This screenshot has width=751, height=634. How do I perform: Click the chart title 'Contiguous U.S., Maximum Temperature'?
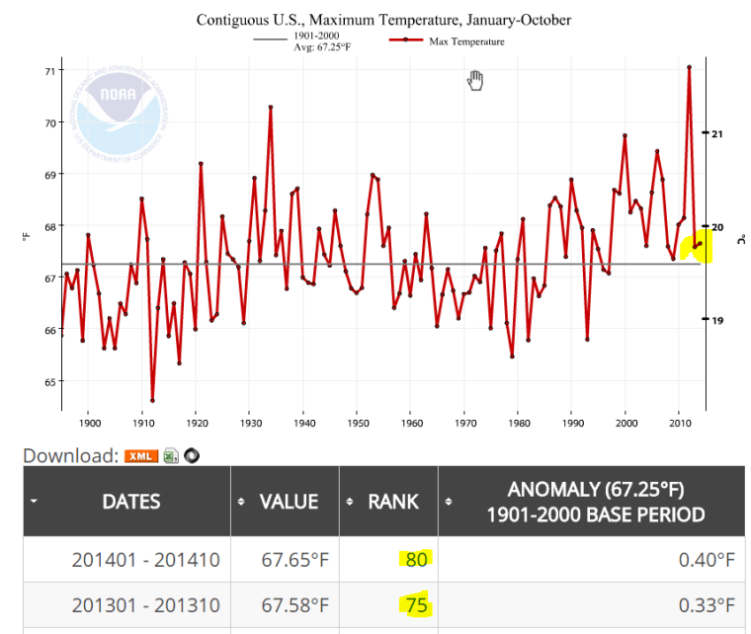click(383, 20)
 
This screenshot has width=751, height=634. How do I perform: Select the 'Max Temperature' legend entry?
click(466, 41)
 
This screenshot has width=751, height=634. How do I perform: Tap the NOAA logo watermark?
click(123, 108)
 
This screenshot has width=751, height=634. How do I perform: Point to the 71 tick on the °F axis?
click(49, 71)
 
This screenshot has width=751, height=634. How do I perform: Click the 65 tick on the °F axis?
click(49, 381)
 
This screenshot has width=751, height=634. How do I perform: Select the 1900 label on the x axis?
click(88, 423)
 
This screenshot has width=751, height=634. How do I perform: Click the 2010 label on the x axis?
click(680, 423)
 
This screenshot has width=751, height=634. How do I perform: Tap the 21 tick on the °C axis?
click(718, 133)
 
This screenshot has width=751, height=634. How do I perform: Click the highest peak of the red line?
click(689, 66)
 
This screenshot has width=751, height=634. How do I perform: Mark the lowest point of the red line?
click(152, 400)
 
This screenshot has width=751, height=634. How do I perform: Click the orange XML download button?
click(141, 455)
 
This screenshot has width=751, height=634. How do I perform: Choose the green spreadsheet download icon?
click(171, 455)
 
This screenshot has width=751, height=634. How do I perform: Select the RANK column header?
click(392, 502)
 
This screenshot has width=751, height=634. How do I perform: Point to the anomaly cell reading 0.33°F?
click(708, 604)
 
